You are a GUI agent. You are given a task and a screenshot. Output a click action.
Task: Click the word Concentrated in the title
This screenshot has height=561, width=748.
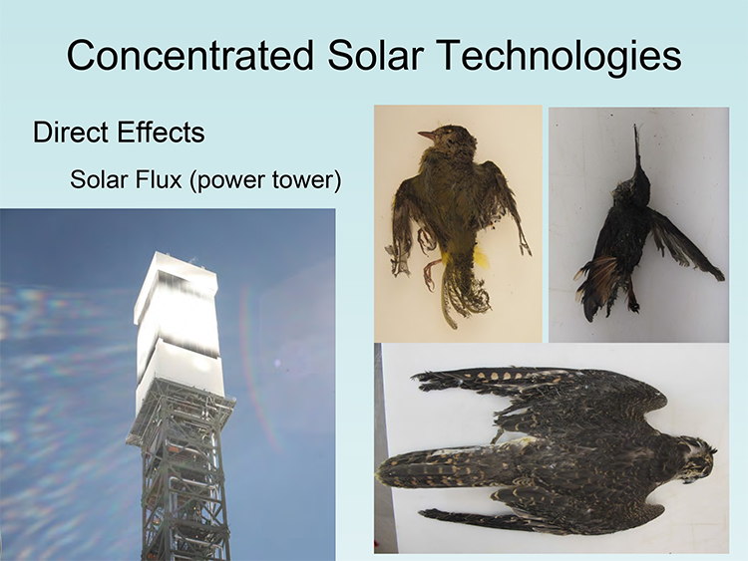189,55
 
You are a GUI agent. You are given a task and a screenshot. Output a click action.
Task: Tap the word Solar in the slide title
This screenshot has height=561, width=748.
376,55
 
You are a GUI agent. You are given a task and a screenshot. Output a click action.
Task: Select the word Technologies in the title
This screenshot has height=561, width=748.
560,58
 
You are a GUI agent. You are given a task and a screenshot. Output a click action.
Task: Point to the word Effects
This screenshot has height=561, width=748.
162,132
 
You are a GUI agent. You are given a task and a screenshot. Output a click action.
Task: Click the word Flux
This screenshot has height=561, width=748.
159,179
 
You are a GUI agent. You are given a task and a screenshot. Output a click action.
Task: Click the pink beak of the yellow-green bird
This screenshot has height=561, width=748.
426,136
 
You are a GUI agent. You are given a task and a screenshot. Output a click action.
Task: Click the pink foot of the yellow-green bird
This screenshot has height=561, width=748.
428,273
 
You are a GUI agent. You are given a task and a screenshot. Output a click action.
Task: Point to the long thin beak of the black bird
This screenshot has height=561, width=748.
637,147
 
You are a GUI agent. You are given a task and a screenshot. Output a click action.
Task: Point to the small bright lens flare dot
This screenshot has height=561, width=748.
277,364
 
